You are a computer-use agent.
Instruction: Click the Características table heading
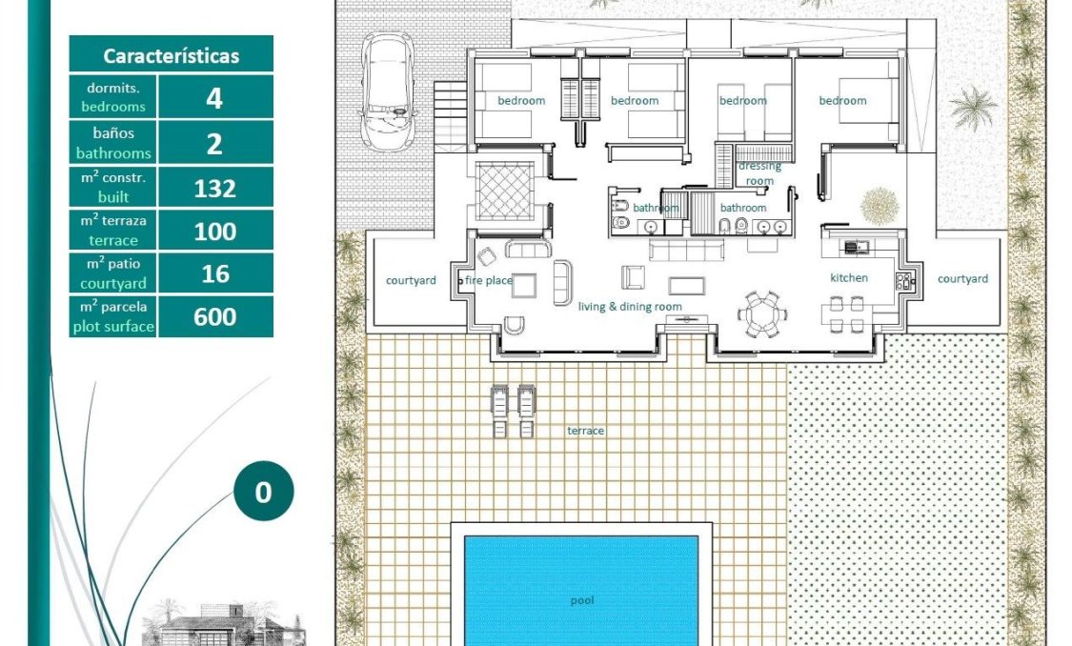172,55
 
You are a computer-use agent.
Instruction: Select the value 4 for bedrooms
215,97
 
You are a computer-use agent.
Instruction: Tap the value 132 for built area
215,188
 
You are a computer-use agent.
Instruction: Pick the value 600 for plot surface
215,316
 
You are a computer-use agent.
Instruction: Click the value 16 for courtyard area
215,273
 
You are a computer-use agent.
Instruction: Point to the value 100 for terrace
215,231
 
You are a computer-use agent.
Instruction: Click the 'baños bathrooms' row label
113,143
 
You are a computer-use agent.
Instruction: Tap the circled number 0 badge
263,492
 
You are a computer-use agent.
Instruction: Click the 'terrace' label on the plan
586,431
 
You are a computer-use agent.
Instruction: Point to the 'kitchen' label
849,278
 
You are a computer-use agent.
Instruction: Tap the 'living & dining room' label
630,306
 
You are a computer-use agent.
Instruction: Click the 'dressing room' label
759,173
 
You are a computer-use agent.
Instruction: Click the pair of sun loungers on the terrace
513,411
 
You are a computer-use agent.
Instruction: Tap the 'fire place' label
489,280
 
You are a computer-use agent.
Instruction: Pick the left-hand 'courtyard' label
411,280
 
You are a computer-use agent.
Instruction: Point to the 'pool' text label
581,600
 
